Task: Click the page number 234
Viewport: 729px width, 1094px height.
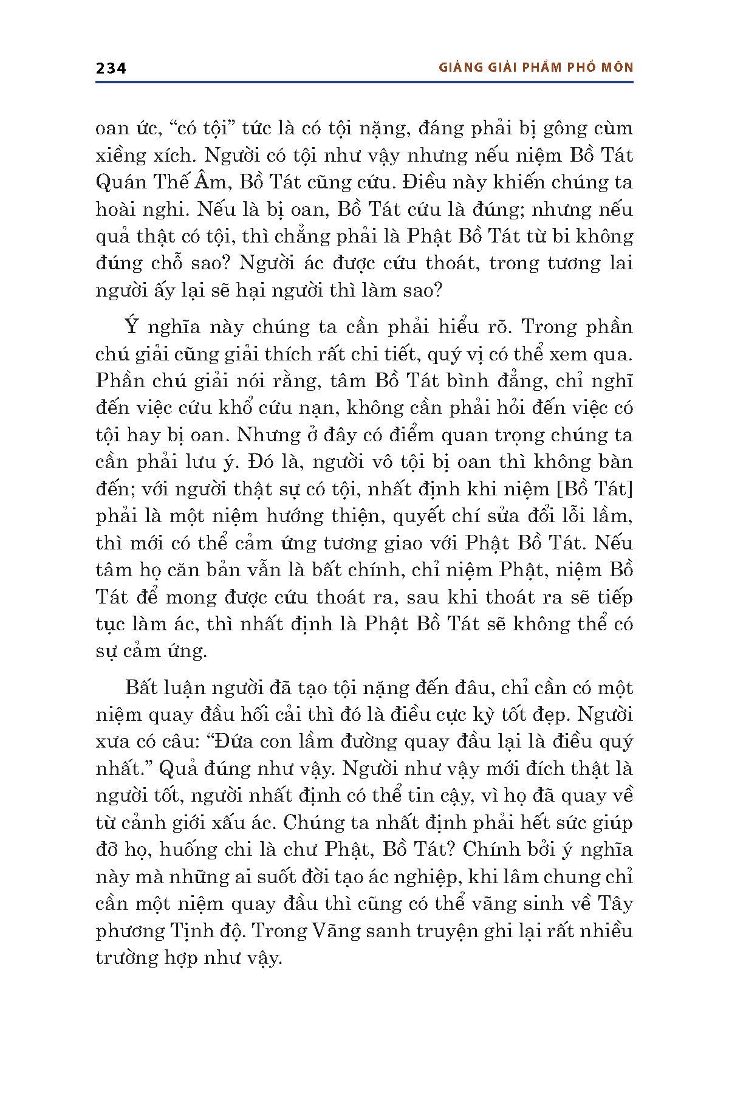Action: coord(111,68)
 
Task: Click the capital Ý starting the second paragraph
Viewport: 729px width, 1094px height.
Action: coord(132,327)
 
